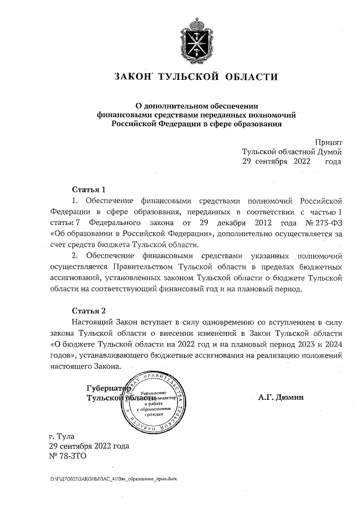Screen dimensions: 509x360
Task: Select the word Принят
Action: tap(328, 143)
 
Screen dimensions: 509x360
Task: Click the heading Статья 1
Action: tap(89, 189)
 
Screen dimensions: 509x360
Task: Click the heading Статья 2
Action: tap(89, 311)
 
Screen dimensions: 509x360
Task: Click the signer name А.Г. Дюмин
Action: tap(281, 397)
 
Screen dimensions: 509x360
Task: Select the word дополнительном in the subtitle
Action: tap(177, 105)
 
